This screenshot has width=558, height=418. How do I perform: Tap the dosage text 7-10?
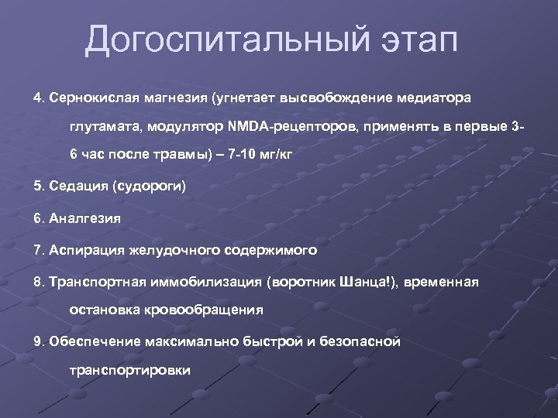tap(235, 154)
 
